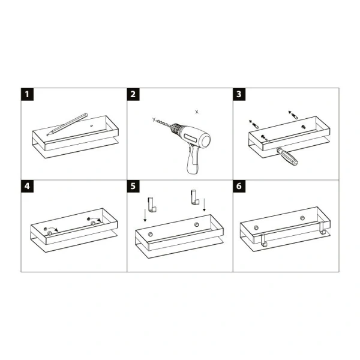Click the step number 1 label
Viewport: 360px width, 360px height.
click(28, 94)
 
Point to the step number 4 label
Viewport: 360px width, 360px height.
click(28, 186)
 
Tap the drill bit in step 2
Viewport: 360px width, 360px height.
click(164, 123)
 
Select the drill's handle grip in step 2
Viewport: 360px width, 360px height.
click(194, 160)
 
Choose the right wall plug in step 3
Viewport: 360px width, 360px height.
click(293, 114)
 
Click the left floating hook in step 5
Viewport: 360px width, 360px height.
click(152, 205)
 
